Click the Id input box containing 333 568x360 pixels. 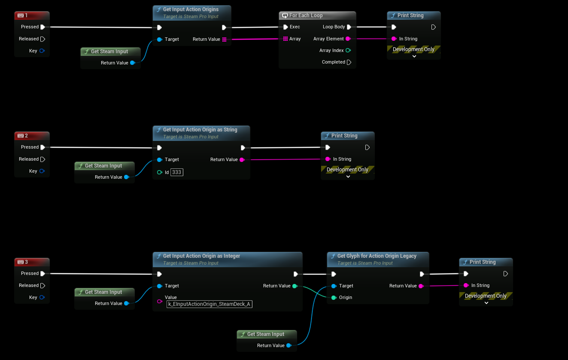[x=177, y=172]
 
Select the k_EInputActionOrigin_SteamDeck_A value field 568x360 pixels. [x=209, y=304]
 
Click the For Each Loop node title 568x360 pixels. [x=306, y=15]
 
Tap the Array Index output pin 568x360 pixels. [x=348, y=50]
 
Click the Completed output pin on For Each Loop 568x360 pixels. [x=349, y=62]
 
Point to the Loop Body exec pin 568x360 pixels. [x=349, y=27]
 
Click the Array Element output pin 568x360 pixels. [x=348, y=39]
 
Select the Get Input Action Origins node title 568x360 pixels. [x=191, y=9]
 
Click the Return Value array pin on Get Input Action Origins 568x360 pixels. [x=224, y=40]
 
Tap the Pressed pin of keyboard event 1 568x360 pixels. [x=43, y=27]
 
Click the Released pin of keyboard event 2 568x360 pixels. [x=43, y=159]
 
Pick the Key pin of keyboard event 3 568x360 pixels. [x=42, y=297]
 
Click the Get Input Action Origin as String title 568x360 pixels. [x=200, y=130]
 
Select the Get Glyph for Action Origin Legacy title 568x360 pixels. [x=377, y=256]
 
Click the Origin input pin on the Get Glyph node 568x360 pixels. [x=334, y=297]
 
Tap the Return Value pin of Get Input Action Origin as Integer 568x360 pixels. [x=295, y=286]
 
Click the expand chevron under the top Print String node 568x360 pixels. [x=414, y=56]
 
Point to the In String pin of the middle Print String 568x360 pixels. [x=328, y=159]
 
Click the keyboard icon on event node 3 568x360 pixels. [x=20, y=262]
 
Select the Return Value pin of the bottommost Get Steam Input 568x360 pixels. [x=289, y=345]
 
